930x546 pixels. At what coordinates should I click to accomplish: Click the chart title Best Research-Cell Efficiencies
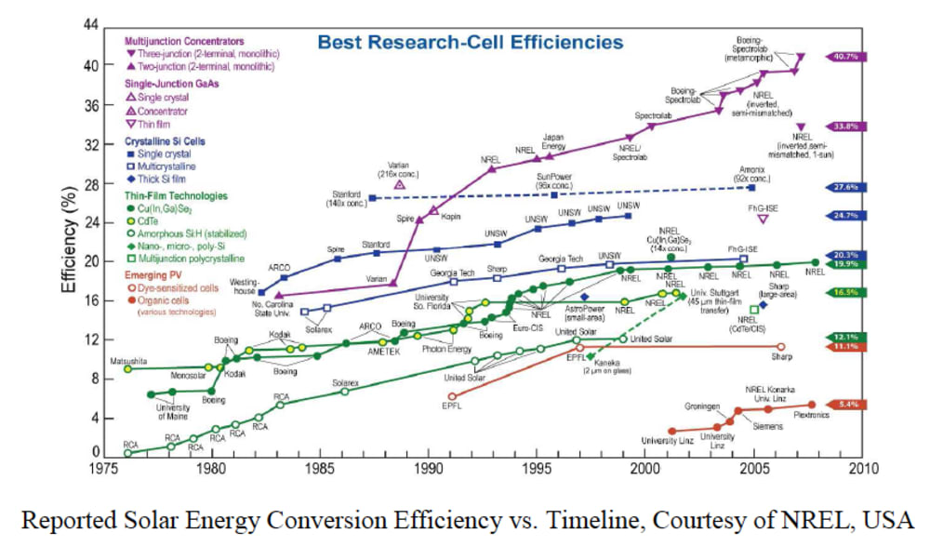(471, 42)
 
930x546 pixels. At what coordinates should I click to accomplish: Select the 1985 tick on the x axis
(320, 468)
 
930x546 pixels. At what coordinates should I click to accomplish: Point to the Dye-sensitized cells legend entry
(182, 290)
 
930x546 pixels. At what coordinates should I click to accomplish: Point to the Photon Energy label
(446, 349)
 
